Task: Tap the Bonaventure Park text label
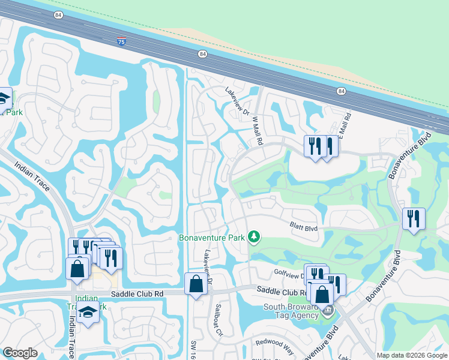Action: (x=212, y=238)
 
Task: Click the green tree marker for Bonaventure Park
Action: (x=254, y=238)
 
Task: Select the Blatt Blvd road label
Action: (x=303, y=227)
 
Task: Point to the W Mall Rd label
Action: (x=258, y=131)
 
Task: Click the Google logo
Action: (x=20, y=353)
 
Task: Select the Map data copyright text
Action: (x=412, y=355)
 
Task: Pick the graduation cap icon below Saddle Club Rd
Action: (x=88, y=313)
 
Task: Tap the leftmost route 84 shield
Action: (x=58, y=16)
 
